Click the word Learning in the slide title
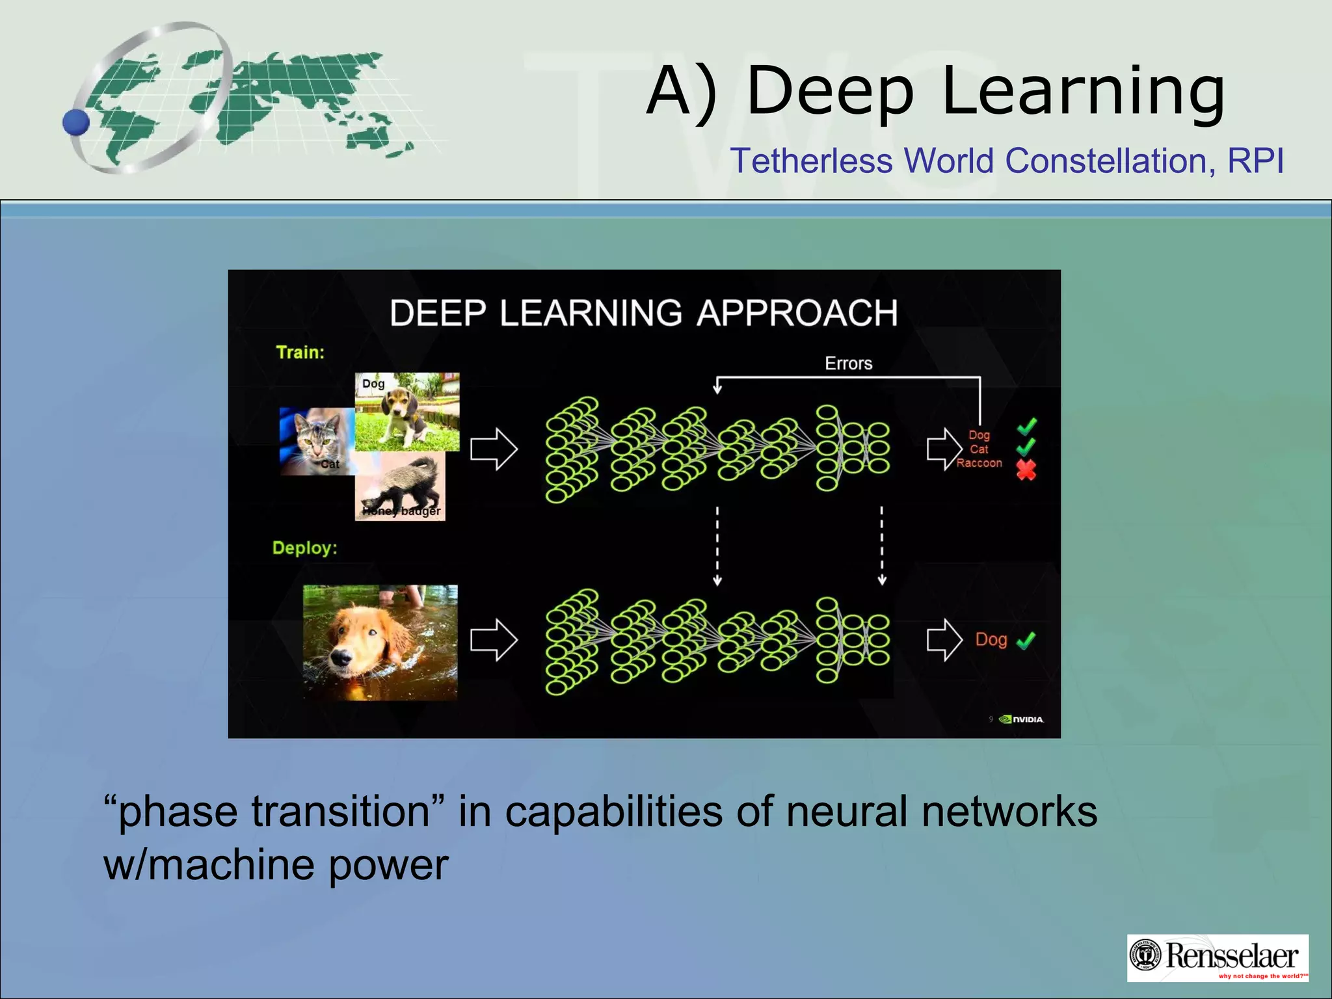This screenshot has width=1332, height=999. [x=1082, y=92]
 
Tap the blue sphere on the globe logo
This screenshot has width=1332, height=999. [x=76, y=122]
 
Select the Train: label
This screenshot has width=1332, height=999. [x=300, y=353]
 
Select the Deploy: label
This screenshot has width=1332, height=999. [x=304, y=548]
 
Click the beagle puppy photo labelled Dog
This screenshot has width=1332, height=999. [x=408, y=412]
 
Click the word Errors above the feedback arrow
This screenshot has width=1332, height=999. [x=848, y=364]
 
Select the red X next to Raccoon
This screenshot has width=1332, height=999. [x=1026, y=470]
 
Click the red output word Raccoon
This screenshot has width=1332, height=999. [x=979, y=463]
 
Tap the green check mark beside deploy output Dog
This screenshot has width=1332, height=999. [x=1026, y=641]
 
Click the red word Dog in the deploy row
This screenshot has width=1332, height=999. [x=991, y=640]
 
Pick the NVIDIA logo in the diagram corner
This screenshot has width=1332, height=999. [x=1022, y=719]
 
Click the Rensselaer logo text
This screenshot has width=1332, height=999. [x=1231, y=955]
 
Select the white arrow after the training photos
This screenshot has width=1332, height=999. [x=494, y=449]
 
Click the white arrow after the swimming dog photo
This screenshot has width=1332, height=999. [x=494, y=640]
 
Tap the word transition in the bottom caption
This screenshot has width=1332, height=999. [x=341, y=812]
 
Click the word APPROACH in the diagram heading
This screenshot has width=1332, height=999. [x=797, y=313]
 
